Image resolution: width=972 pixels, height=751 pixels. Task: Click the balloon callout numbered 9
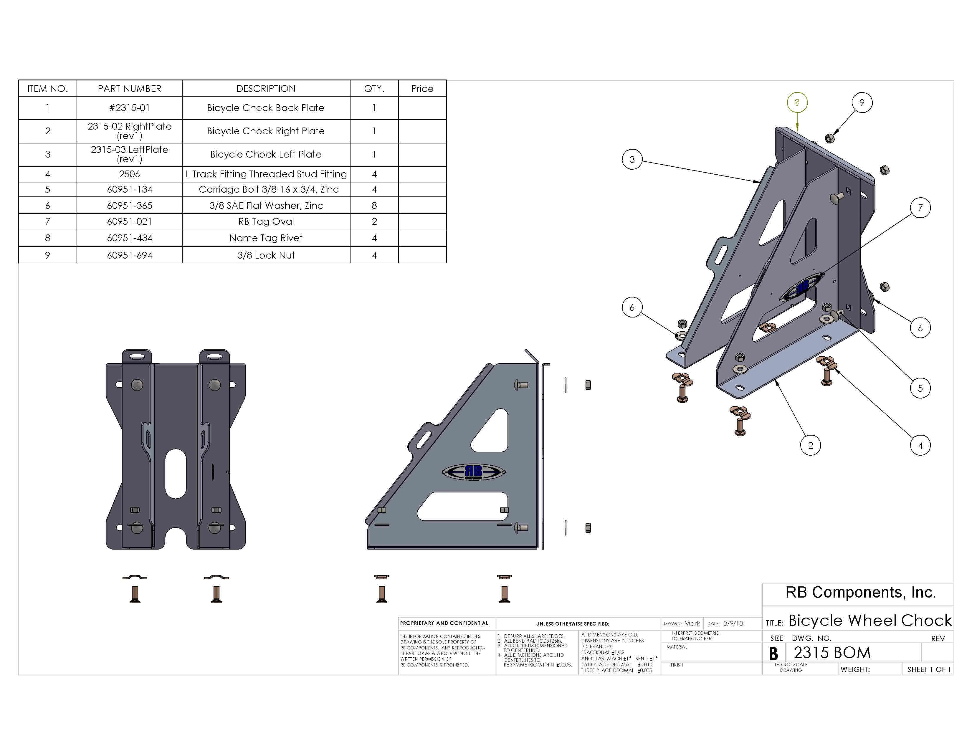[862, 103]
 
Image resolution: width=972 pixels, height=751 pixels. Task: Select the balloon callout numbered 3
[632, 159]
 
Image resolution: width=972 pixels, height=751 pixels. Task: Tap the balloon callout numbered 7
[920, 208]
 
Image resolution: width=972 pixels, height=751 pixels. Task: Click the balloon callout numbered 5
[920, 388]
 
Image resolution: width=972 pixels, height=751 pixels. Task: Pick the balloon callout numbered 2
[810, 445]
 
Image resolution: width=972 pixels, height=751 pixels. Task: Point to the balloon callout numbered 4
[920, 445]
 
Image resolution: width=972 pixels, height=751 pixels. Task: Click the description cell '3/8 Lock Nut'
[266, 255]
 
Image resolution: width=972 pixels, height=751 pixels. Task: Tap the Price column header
[422, 89]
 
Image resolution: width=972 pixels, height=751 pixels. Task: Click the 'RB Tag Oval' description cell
[266, 221]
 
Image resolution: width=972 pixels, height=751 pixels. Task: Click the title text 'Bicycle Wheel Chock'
[869, 620]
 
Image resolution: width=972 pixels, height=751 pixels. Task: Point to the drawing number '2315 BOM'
[832, 653]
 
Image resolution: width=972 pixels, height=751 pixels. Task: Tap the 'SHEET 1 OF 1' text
[928, 669]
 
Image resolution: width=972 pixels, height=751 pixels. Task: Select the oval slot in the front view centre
[175, 473]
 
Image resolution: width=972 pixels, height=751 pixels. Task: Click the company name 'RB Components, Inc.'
[860, 592]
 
